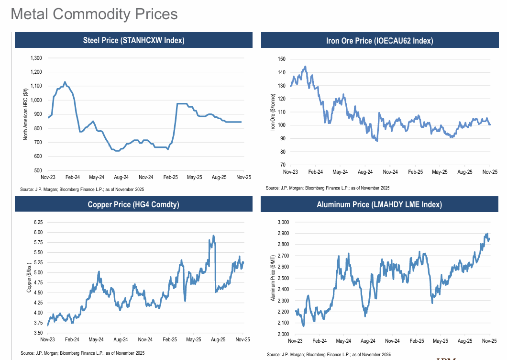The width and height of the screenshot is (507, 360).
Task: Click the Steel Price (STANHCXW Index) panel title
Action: pos(133,40)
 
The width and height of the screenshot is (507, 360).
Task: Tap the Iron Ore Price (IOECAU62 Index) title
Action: pos(379,41)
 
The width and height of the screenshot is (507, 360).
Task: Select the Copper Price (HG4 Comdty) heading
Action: pos(133,204)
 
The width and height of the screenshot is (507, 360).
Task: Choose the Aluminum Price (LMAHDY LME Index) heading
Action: pos(379,204)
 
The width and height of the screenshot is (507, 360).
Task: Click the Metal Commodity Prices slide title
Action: pos(94,13)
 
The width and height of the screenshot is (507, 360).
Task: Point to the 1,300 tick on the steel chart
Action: pos(36,58)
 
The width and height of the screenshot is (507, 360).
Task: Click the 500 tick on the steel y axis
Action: pos(38,170)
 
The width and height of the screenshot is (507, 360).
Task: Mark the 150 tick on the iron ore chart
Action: pos(281,59)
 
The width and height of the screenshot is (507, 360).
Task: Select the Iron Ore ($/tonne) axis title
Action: pos(273,112)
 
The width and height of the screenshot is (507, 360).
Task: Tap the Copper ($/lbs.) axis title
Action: pos(28,277)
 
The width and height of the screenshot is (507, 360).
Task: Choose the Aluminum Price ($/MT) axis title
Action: pos(273,277)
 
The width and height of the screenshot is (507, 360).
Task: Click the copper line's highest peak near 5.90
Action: pos(213,236)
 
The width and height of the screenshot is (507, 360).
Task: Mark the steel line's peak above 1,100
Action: pos(65,82)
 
